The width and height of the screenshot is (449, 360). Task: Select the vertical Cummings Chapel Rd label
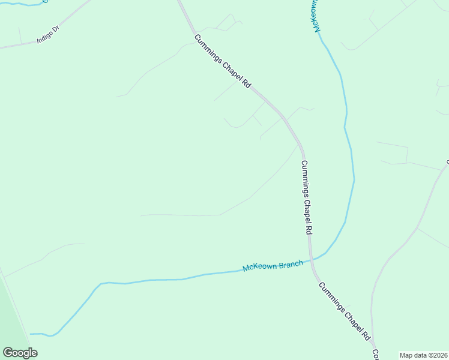[307, 197]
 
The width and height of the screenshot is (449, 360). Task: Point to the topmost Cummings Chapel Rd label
[222, 62]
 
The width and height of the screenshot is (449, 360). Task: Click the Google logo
[20, 353]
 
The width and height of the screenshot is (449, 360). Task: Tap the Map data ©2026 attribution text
[424, 355]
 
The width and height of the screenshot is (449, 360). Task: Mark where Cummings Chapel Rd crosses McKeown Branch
[311, 260]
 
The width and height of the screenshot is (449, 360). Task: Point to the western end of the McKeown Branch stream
[33, 334]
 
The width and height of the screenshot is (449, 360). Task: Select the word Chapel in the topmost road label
[231, 70]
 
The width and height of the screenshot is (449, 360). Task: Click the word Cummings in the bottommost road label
[330, 298]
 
